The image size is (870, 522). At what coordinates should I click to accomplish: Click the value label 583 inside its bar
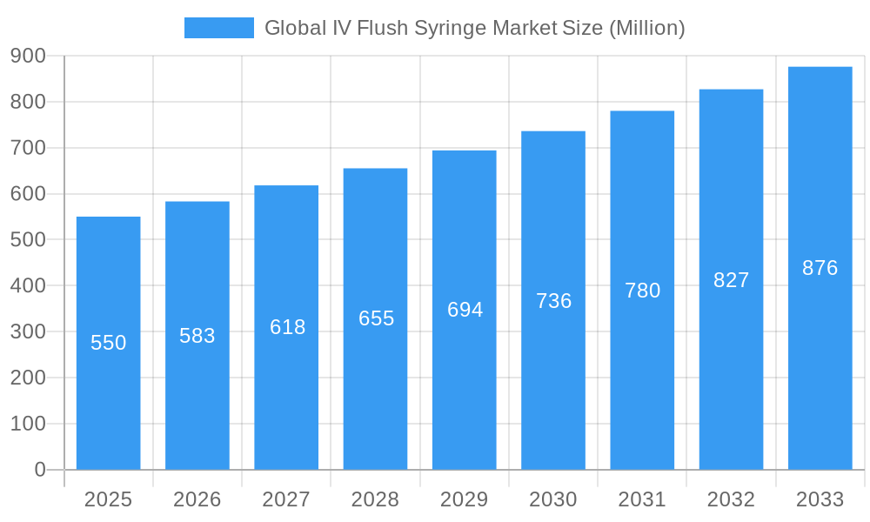(x=197, y=336)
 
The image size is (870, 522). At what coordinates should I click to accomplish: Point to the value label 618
(x=287, y=327)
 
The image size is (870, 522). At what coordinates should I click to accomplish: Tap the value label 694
(x=465, y=310)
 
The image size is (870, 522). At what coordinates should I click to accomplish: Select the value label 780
(x=642, y=291)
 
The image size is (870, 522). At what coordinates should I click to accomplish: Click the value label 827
(x=731, y=280)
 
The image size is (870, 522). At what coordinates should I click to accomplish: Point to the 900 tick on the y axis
(x=28, y=56)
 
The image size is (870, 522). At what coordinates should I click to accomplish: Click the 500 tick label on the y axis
(x=28, y=240)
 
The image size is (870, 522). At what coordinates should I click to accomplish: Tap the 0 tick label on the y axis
(x=39, y=470)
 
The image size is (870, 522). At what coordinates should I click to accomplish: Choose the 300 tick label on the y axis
(x=28, y=331)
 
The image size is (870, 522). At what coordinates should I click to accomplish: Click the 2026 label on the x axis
(x=197, y=499)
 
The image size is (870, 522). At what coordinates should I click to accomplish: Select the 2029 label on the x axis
(x=465, y=499)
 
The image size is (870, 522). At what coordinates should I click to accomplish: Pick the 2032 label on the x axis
(x=731, y=499)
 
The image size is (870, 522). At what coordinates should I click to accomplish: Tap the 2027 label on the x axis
(x=286, y=499)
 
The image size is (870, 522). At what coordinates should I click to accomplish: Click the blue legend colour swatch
(x=219, y=28)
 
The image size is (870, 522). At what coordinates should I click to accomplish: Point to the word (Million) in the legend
(x=646, y=28)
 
